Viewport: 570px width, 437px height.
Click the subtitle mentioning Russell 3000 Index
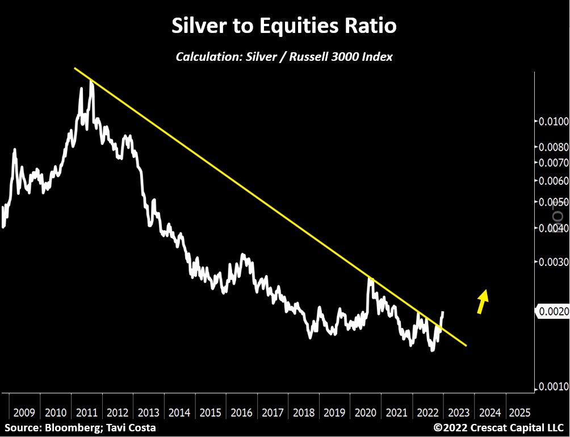(x=284, y=57)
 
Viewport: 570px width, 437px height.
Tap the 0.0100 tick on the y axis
(x=552, y=122)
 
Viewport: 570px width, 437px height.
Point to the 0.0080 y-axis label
(x=552, y=147)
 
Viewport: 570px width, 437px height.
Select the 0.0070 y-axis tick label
(x=552, y=163)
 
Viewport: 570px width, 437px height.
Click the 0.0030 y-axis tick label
(x=552, y=262)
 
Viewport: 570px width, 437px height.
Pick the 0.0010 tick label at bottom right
(x=552, y=386)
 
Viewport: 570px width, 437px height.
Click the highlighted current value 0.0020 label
(x=552, y=311)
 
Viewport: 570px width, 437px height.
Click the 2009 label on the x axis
(x=24, y=412)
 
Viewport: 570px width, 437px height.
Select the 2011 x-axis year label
(x=86, y=412)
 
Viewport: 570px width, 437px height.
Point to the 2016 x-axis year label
(x=241, y=412)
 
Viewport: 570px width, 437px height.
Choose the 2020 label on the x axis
(x=365, y=412)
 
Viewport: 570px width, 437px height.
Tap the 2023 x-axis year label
(x=458, y=412)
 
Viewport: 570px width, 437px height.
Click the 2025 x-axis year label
(x=520, y=412)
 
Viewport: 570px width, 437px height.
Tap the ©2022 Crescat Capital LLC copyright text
(x=499, y=427)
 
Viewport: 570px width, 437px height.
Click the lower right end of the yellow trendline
(x=466, y=345)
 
